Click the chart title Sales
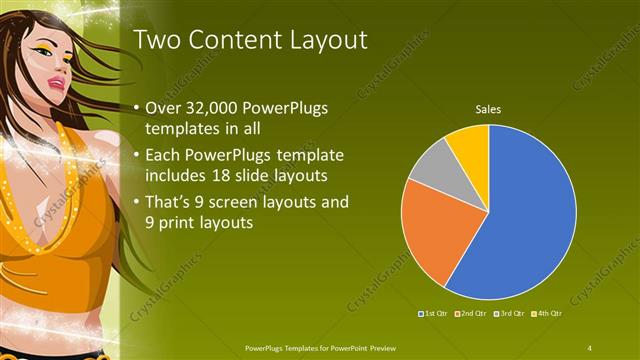(487, 108)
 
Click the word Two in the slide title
(156, 40)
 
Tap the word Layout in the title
(327, 40)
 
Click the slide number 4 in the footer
(590, 347)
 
